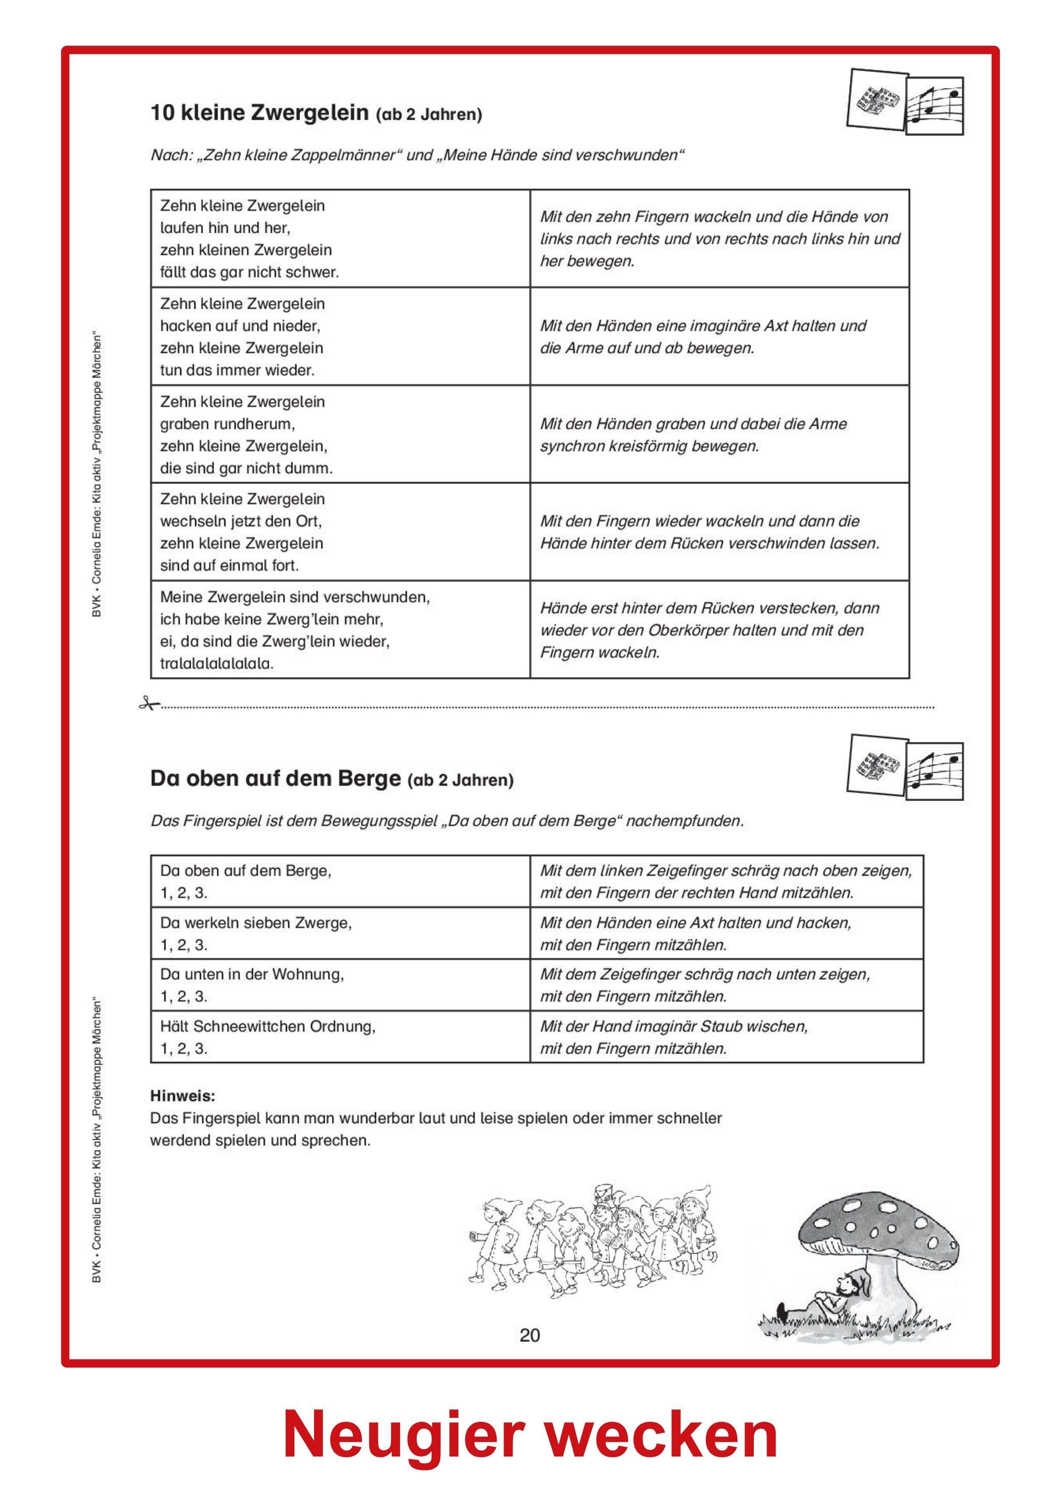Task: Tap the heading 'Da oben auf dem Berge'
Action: [275, 779]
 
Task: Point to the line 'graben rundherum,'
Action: [228, 424]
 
